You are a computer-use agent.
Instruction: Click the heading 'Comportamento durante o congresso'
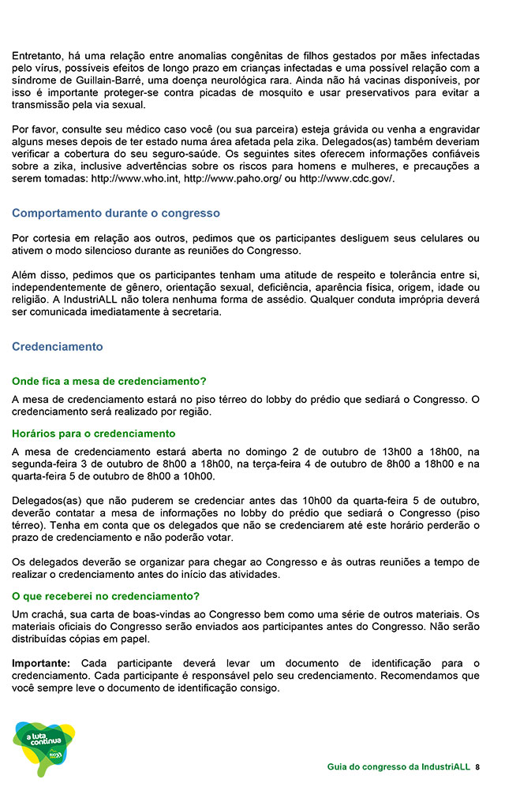[116, 214]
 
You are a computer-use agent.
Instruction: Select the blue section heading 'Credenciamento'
[58, 346]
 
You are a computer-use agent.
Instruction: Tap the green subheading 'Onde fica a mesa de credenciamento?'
[109, 381]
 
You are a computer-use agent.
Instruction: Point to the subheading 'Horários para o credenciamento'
[93, 434]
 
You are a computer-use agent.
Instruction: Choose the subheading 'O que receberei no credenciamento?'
[106, 596]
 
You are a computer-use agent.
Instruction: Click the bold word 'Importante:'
[41, 663]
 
